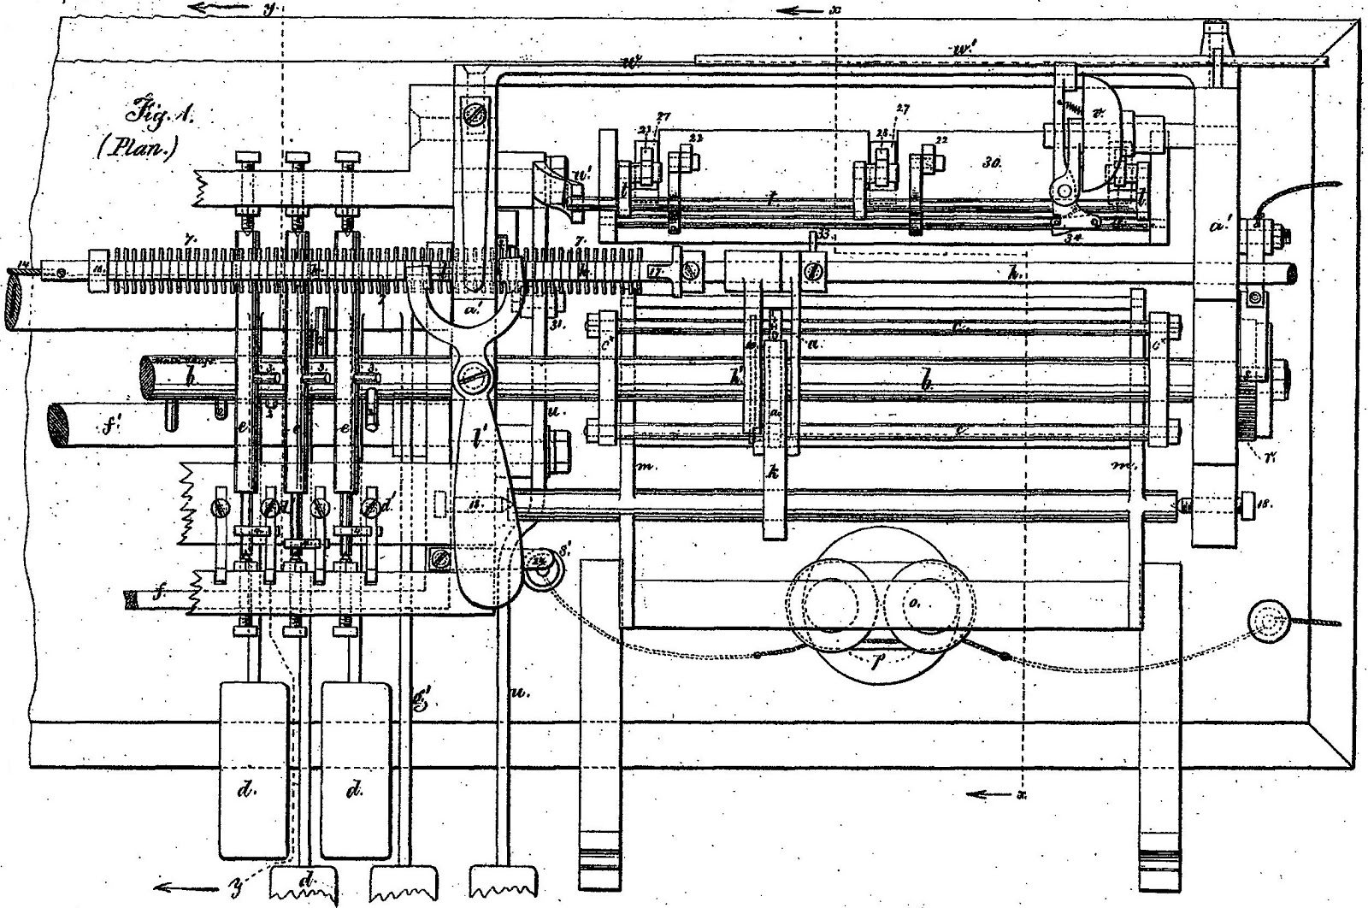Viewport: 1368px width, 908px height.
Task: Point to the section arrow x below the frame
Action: tap(983, 795)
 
